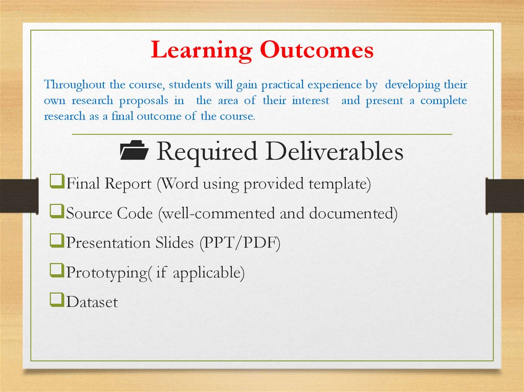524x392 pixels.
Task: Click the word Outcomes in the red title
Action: [x=316, y=51]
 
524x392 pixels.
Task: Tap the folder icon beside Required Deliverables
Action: [x=134, y=152]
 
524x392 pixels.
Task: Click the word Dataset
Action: [x=92, y=302]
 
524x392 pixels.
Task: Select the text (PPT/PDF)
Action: [x=239, y=243]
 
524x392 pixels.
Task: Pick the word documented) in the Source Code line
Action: [x=353, y=213]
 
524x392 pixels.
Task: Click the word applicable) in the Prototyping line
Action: [x=209, y=273]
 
